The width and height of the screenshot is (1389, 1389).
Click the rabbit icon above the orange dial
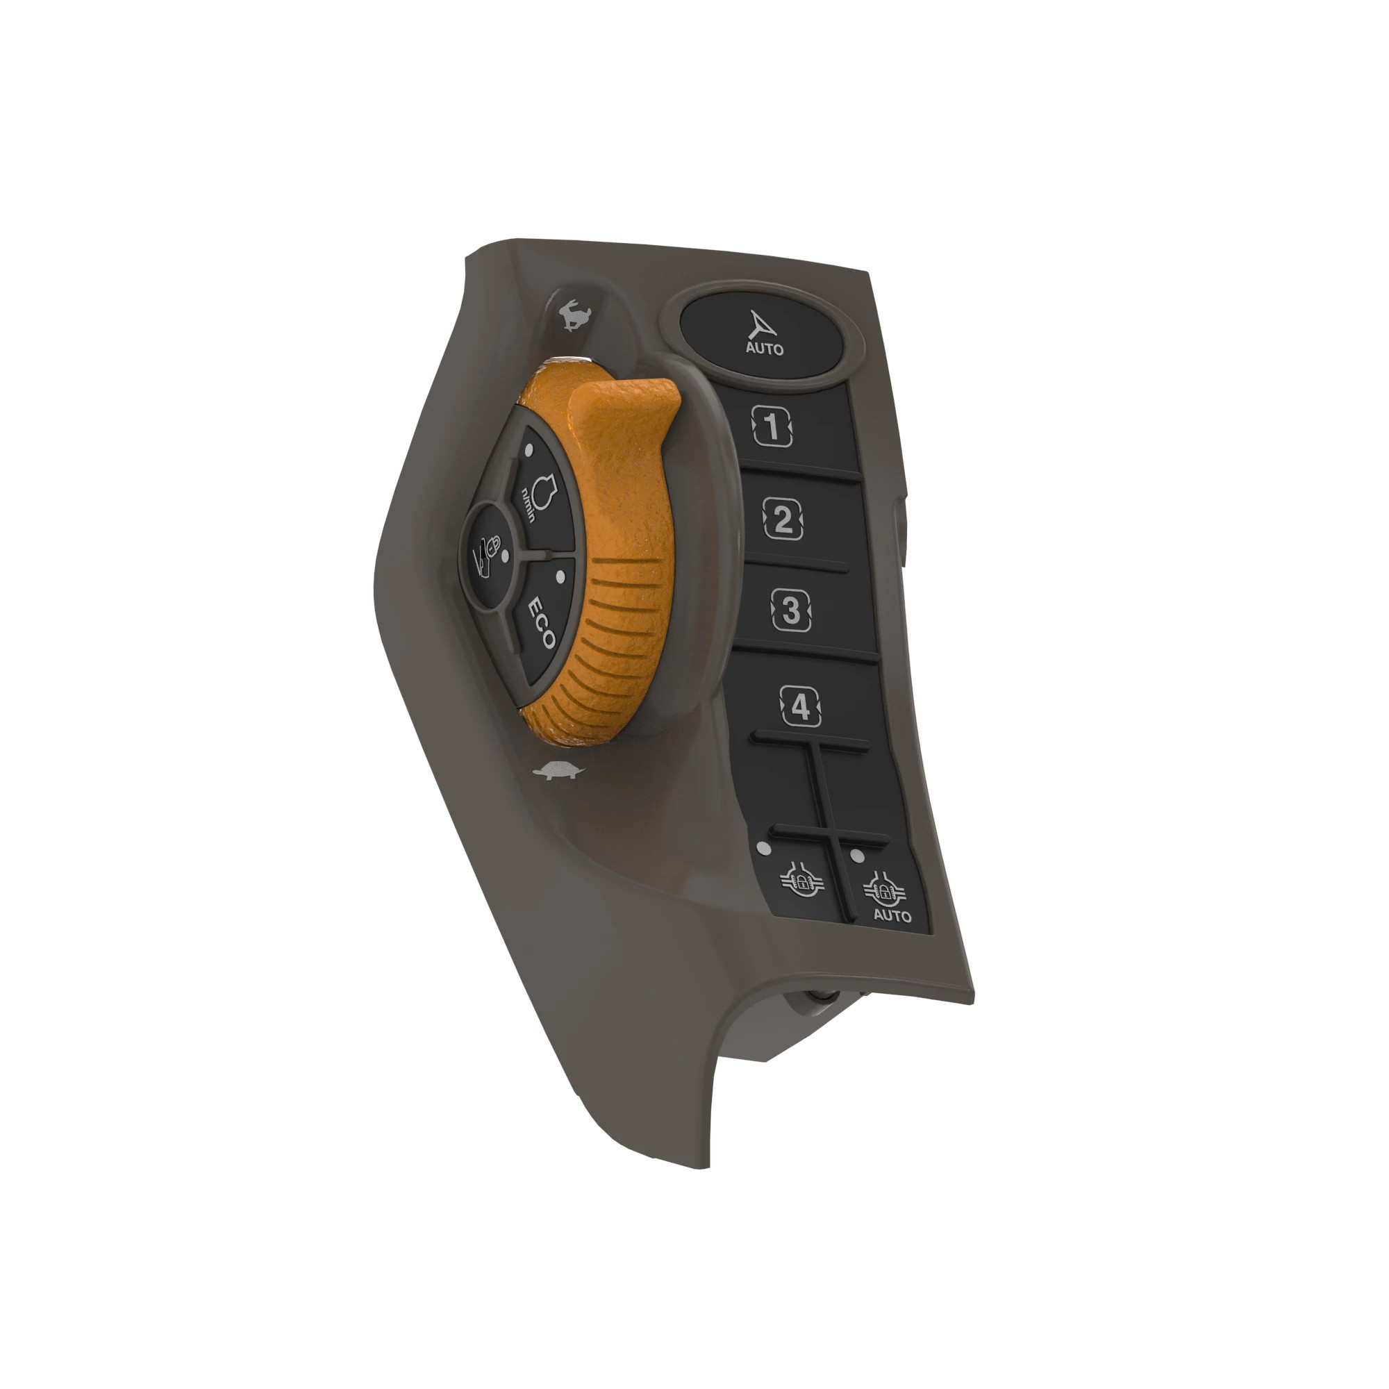tap(574, 316)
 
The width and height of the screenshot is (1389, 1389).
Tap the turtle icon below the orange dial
tap(558, 772)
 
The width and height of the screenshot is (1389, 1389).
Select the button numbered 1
tap(772, 427)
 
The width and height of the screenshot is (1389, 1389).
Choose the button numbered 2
tap(783, 518)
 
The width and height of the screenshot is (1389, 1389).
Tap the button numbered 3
tap(791, 610)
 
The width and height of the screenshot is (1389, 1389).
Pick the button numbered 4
tap(800, 707)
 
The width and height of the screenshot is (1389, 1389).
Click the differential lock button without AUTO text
tap(801, 881)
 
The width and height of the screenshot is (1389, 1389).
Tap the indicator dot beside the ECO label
tap(560, 576)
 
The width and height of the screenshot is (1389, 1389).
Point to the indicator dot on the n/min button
tap(529, 450)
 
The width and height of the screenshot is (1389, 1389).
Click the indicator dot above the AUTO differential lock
tap(856, 856)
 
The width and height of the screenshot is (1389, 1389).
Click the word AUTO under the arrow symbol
tap(764, 349)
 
